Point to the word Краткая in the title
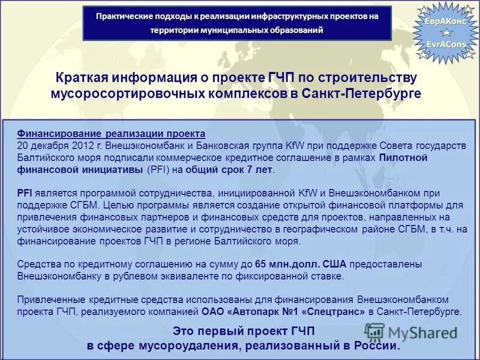point(81,79)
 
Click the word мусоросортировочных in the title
point(118,94)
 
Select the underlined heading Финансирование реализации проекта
point(111,133)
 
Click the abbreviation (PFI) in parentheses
point(158,169)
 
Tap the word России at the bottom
point(376,346)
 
